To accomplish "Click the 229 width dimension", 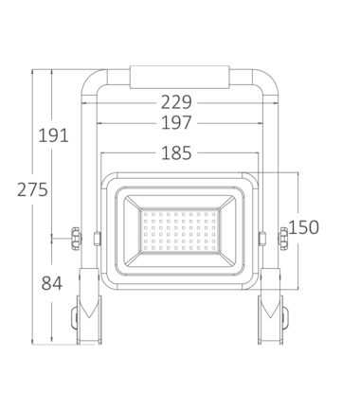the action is click(x=176, y=102).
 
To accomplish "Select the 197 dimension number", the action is click(x=176, y=123).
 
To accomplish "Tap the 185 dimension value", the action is click(x=176, y=152).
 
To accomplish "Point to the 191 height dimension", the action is click(x=53, y=135).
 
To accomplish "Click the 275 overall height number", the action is click(x=32, y=189).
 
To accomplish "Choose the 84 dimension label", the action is click(x=52, y=283).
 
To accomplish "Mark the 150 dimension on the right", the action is click(x=303, y=227).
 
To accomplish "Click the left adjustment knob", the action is click(x=76, y=239).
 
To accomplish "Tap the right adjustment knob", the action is click(x=282, y=239).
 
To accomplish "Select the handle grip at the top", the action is click(x=179, y=77).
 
